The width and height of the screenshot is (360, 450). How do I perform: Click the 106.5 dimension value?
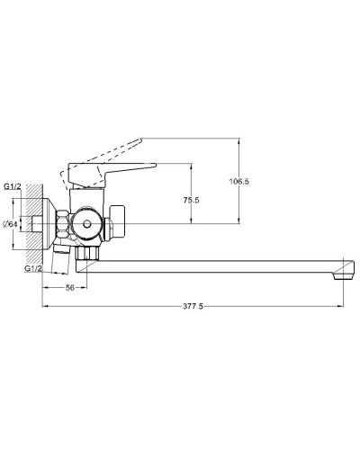coord(239,182)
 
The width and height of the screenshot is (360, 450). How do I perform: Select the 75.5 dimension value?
coord(191,200)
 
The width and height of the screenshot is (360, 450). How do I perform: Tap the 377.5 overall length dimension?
coord(193,306)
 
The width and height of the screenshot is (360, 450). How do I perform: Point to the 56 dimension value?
coord(70,288)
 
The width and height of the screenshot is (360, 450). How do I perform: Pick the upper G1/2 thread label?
coord(13,186)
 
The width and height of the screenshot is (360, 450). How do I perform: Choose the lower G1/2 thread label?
coord(33,268)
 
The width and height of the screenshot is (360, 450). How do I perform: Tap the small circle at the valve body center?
coord(87,223)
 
